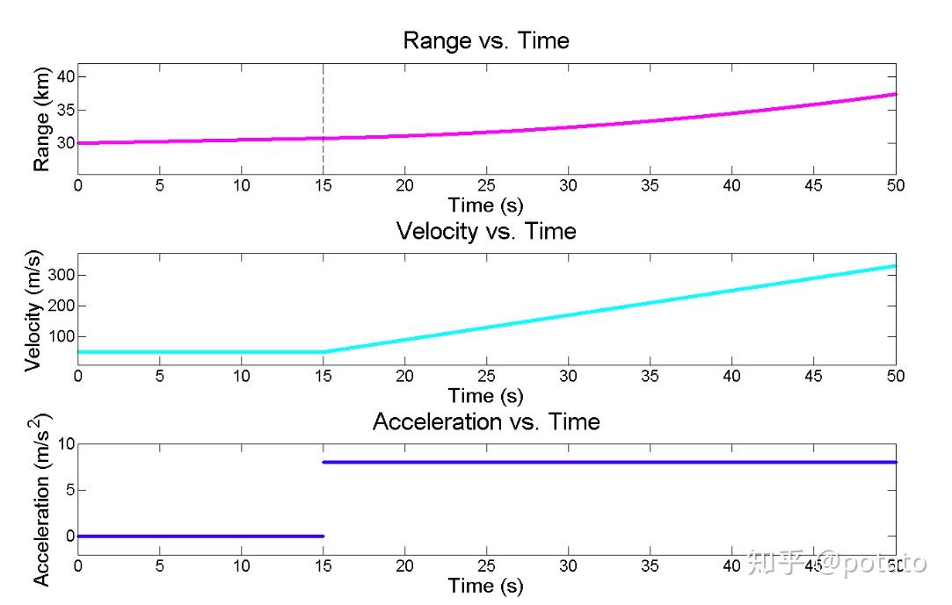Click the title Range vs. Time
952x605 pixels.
tap(485, 40)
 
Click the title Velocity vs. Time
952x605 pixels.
tap(485, 231)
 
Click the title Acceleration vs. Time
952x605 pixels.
tap(485, 421)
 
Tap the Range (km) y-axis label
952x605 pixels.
tap(41, 118)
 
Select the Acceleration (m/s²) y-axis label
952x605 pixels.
tap(41, 499)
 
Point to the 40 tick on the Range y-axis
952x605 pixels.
tap(63, 77)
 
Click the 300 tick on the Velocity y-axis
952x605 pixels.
tap(59, 275)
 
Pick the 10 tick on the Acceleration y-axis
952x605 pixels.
tap(63, 443)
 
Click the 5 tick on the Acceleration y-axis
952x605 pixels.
tap(68, 490)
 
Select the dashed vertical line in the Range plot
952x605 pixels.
tap(323, 105)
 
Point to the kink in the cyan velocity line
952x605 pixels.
tap(323, 352)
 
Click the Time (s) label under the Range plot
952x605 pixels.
tap(485, 205)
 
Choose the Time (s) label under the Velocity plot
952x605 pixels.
tap(485, 395)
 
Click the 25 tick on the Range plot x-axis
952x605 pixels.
tap(486, 186)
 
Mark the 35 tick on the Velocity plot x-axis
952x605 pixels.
tap(650, 376)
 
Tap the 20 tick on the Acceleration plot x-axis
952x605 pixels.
tap(404, 566)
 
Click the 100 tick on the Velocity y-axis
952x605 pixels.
tap(59, 336)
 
